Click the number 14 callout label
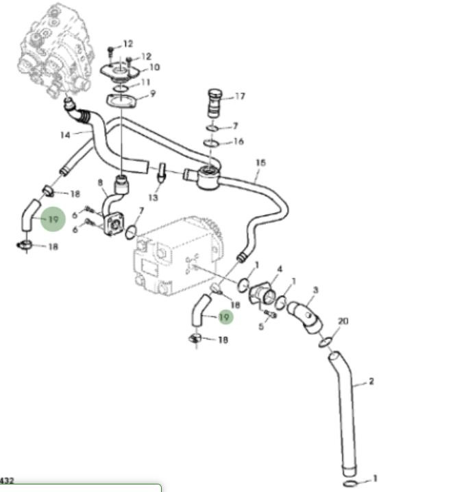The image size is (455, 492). click(65, 134)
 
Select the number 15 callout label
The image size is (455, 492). click(260, 163)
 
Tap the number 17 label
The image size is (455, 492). click(239, 96)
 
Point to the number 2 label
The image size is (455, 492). click(371, 381)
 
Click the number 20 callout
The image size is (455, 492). click(343, 321)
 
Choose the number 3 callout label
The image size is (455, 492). click(315, 290)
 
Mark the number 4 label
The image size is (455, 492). click(280, 269)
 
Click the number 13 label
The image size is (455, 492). click(153, 197)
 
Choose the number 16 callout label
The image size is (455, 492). click(238, 141)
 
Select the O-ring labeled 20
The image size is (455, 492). click(327, 340)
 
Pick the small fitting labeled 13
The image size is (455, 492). click(162, 172)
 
